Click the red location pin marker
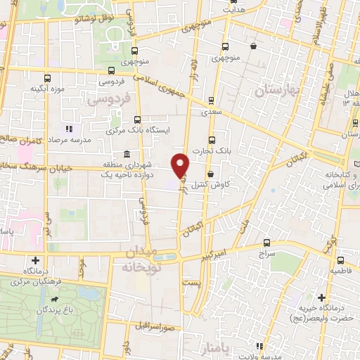(181, 165)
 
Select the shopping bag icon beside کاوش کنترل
(211, 174)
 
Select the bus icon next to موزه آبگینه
(47, 78)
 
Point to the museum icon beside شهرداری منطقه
(127, 155)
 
